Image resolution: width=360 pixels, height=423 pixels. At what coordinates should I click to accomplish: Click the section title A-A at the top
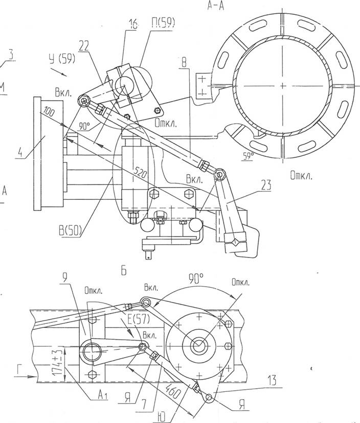(215, 6)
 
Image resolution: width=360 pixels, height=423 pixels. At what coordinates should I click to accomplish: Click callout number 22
(84, 46)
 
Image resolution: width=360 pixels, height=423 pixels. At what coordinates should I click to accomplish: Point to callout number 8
(184, 63)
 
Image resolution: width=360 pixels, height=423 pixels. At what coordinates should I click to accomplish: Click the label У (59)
(61, 59)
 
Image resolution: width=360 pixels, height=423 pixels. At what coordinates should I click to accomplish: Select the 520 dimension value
(141, 174)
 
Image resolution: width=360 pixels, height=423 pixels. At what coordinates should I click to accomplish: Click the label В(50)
(70, 231)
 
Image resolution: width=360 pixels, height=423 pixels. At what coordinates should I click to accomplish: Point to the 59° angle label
(247, 156)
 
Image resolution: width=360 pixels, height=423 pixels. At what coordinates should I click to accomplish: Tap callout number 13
(272, 380)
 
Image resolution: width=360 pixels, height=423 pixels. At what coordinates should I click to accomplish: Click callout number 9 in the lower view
(64, 278)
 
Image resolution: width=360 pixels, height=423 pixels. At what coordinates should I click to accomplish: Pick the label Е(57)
(138, 319)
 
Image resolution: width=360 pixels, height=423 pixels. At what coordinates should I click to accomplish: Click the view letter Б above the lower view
(123, 271)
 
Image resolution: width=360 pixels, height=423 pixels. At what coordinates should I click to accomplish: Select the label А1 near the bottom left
(103, 395)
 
